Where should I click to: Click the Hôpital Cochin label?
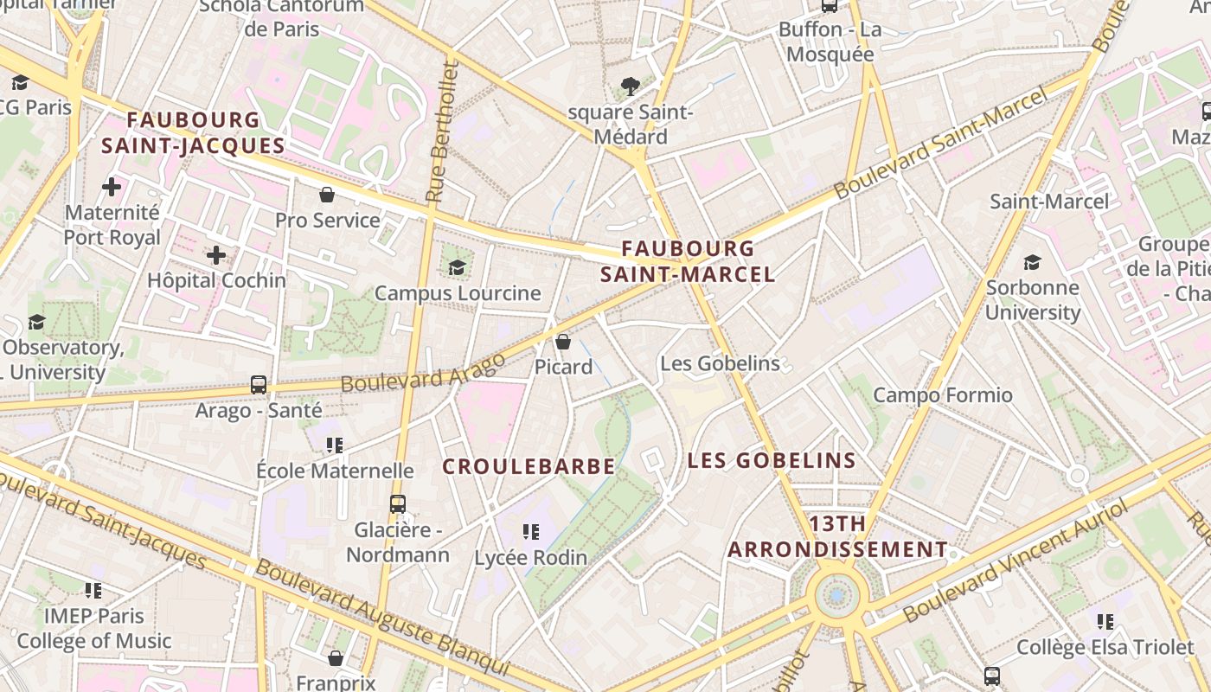click(216, 280)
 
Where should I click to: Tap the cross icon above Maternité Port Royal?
click(112, 186)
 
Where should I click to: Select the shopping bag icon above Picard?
click(563, 342)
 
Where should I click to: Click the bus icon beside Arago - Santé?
click(259, 385)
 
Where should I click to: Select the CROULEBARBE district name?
click(529, 466)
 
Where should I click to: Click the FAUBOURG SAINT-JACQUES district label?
click(192, 132)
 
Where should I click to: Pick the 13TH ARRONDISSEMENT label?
click(837, 536)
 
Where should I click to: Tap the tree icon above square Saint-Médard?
click(631, 86)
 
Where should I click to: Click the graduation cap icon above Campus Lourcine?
click(457, 267)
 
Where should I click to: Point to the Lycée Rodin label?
click(531, 558)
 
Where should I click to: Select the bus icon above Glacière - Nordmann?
click(398, 503)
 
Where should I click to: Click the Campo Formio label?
click(942, 395)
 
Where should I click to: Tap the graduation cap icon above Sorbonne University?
click(1032, 263)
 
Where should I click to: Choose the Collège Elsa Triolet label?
click(1105, 647)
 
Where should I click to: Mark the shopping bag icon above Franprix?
click(336, 659)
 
